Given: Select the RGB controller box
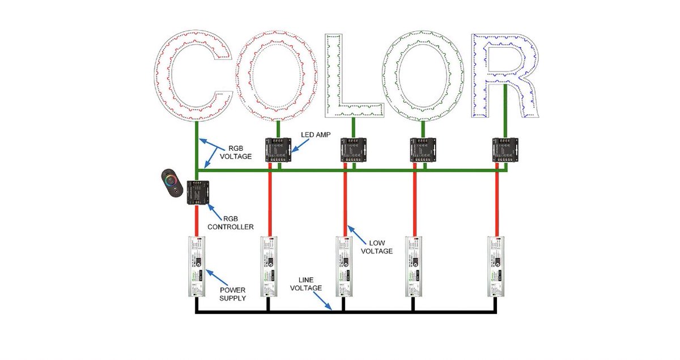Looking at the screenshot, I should (x=198, y=193).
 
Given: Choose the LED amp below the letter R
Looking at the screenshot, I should (x=504, y=150).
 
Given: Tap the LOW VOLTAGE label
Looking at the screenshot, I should (x=377, y=246).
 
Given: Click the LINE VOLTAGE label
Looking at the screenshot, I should (x=306, y=283).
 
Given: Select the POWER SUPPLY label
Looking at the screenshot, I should (x=232, y=293).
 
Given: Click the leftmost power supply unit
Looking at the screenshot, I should (x=197, y=266).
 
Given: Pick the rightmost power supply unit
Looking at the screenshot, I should (x=497, y=266).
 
